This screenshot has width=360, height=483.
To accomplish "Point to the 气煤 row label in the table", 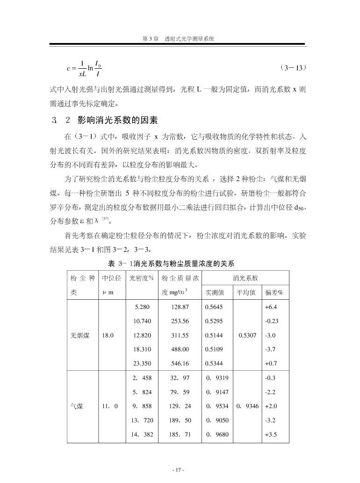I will click(x=77, y=406).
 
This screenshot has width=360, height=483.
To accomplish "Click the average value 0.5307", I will click(x=248, y=335).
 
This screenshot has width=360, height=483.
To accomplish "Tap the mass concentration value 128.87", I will click(x=180, y=307).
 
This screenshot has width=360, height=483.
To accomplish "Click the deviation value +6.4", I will click(x=271, y=307).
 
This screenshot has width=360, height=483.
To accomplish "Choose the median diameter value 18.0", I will click(x=108, y=335).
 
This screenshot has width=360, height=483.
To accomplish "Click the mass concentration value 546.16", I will click(x=180, y=363).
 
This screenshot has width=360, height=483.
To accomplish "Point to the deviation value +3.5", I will click(x=271, y=434).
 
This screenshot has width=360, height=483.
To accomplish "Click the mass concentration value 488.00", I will click(x=180, y=349).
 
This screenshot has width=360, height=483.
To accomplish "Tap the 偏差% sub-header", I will click(x=274, y=293).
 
